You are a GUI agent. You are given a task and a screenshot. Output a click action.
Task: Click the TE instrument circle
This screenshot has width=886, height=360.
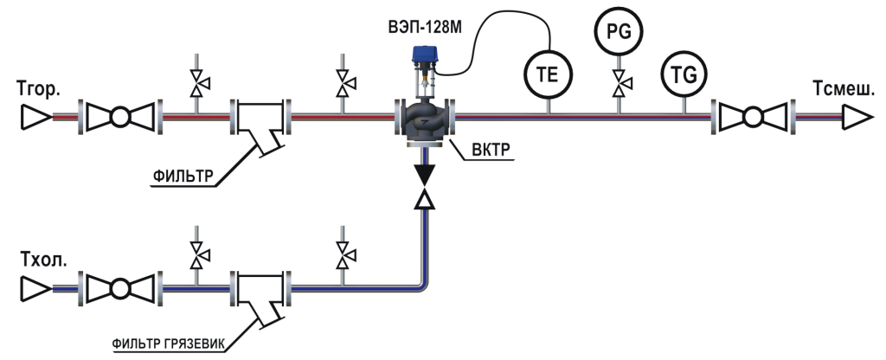point(549,74)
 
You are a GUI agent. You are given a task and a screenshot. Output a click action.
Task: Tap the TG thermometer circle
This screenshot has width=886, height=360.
point(684,74)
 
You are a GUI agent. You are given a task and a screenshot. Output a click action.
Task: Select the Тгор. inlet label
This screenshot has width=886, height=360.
point(38,88)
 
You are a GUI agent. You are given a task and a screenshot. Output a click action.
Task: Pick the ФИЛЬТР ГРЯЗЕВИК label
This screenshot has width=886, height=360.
point(170,344)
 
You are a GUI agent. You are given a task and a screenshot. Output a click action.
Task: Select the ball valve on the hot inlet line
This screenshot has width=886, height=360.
point(121,116)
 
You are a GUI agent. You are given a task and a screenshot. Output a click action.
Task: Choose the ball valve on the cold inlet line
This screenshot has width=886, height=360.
point(121,286)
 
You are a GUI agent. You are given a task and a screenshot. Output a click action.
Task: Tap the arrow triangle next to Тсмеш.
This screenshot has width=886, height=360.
point(858,116)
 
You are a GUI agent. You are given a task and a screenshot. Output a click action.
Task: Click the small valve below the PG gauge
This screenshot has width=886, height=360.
point(619,85)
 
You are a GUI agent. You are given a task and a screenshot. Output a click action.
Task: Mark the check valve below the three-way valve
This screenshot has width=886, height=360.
point(424,187)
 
